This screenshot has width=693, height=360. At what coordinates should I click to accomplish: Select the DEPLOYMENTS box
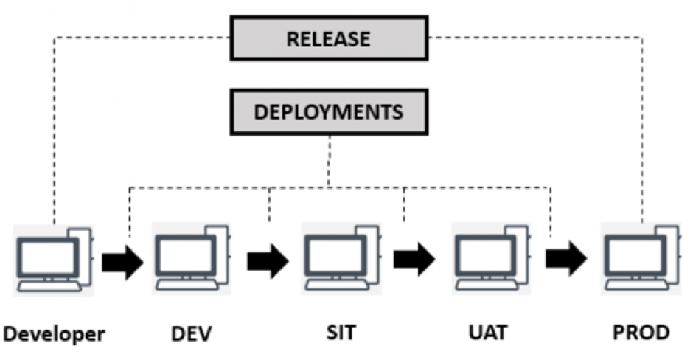[328, 112]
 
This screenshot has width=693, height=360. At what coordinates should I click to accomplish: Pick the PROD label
[641, 333]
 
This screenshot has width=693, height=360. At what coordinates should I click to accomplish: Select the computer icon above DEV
[192, 259]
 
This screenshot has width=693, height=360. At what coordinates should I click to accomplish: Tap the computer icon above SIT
[341, 259]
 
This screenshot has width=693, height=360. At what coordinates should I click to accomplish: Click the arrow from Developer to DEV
[122, 261]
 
